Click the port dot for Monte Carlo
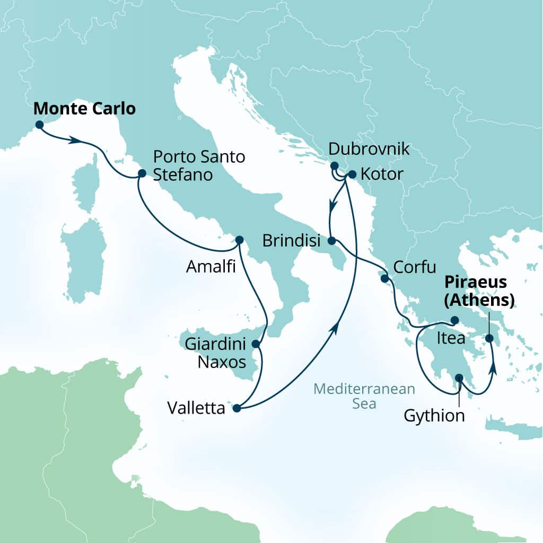point(39,125)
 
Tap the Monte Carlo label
point(84,109)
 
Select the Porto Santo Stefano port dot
point(142,173)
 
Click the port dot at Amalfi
point(239,239)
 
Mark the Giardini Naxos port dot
point(255,344)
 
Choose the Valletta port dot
point(237,408)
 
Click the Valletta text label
point(196,408)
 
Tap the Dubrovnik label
point(369,149)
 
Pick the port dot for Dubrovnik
point(334,165)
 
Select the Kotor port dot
point(352,173)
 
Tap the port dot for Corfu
point(384,278)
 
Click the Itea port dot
point(454,320)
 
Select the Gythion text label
point(434,416)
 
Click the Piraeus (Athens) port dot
point(489,338)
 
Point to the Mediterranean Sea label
point(364,396)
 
